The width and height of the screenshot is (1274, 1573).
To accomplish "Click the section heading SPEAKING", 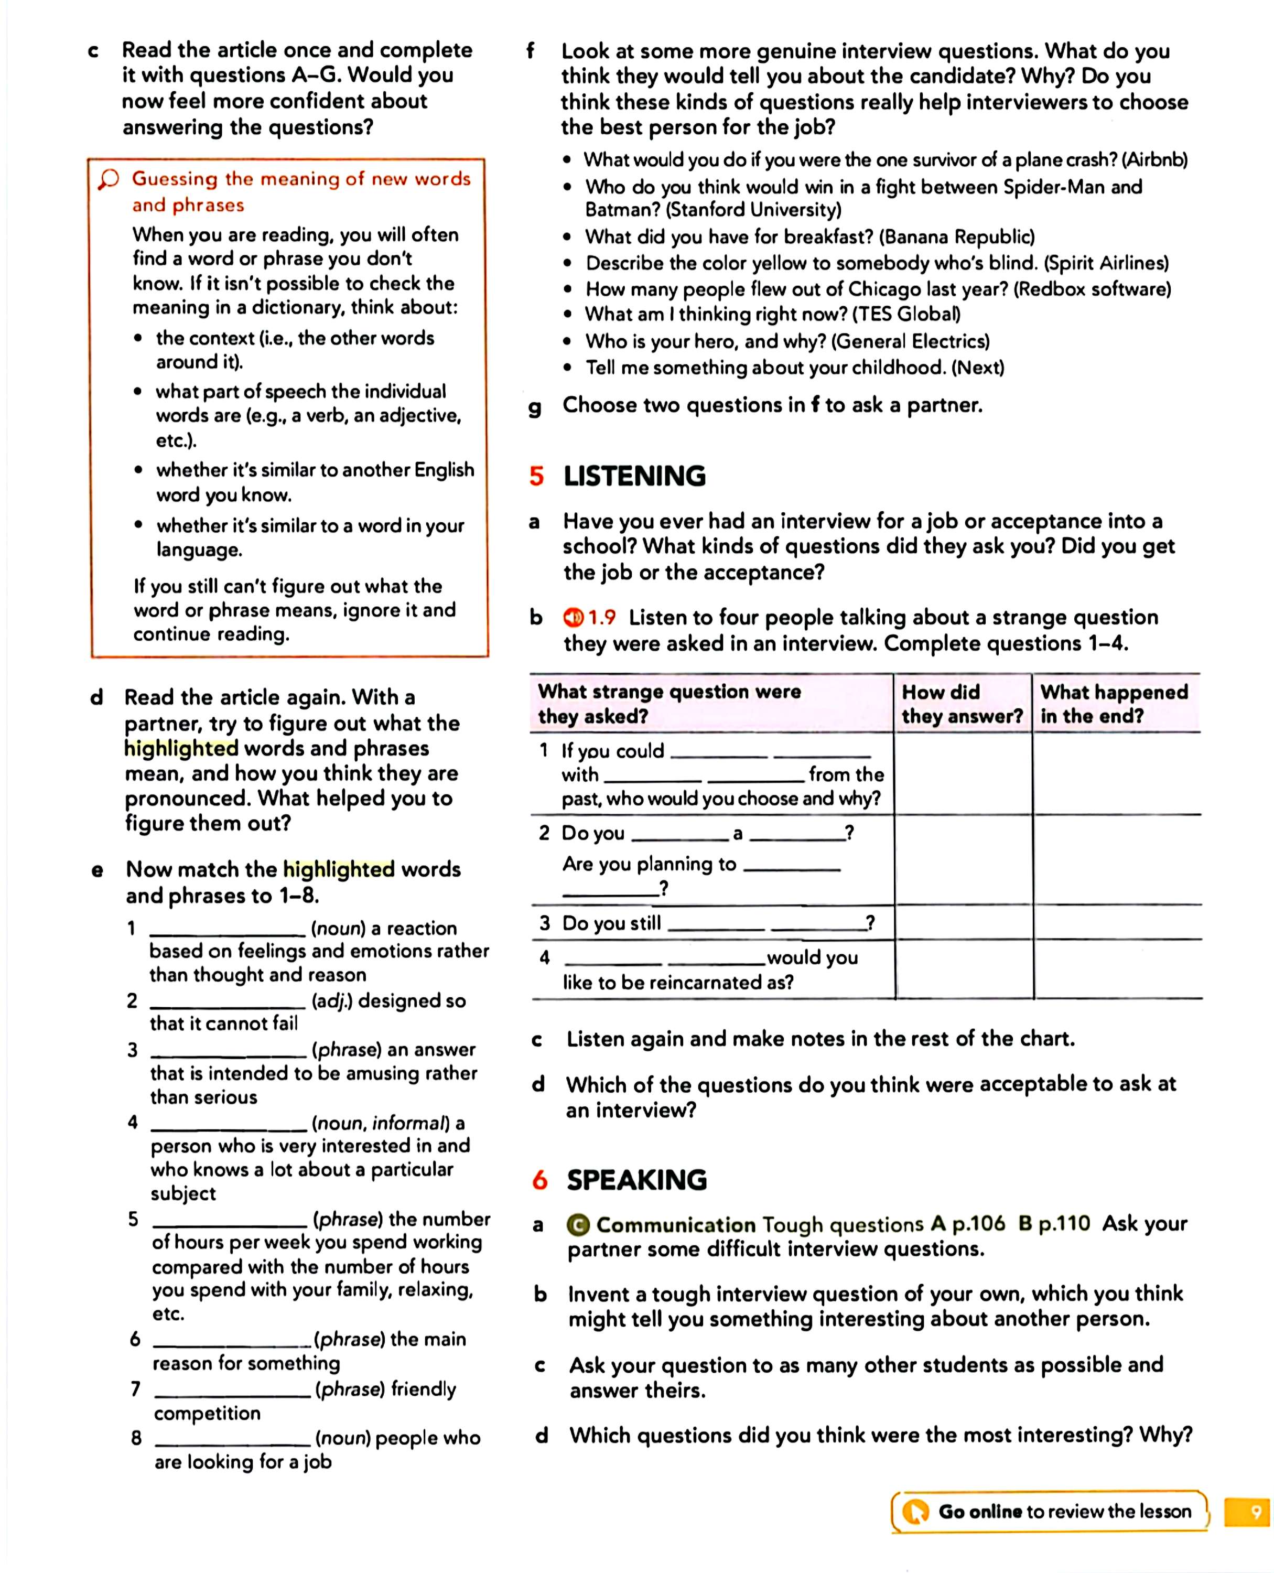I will pyautogui.click(x=636, y=1180).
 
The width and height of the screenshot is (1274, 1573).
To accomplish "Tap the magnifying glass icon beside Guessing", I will pyautogui.click(x=109, y=179).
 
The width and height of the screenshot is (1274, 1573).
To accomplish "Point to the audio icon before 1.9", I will pyautogui.click(x=573, y=618).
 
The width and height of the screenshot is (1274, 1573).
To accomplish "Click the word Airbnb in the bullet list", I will pyautogui.click(x=1154, y=160).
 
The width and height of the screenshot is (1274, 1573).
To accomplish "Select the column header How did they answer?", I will pyautogui.click(x=962, y=703).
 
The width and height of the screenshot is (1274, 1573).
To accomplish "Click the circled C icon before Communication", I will pyautogui.click(x=578, y=1225).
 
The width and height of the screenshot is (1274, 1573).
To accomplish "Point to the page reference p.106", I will pyautogui.click(x=978, y=1224).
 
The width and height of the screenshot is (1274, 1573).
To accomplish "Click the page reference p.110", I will pyautogui.click(x=1063, y=1224).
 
